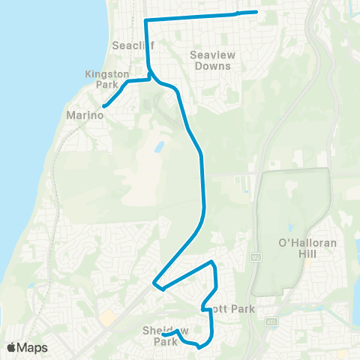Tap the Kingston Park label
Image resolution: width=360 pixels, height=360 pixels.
coord(108,79)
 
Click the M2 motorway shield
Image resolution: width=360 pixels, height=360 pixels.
coord(255,256)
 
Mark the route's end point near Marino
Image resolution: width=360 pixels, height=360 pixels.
coord(103,106)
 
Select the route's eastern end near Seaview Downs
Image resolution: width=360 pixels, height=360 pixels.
coord(256,11)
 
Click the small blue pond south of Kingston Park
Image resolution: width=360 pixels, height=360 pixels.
coord(160,147)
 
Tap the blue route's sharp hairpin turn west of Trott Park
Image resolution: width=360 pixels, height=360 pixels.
coord(154,283)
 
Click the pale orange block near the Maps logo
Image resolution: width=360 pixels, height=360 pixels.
coord(109,318)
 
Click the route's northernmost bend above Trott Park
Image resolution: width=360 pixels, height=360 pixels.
coord(213,262)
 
